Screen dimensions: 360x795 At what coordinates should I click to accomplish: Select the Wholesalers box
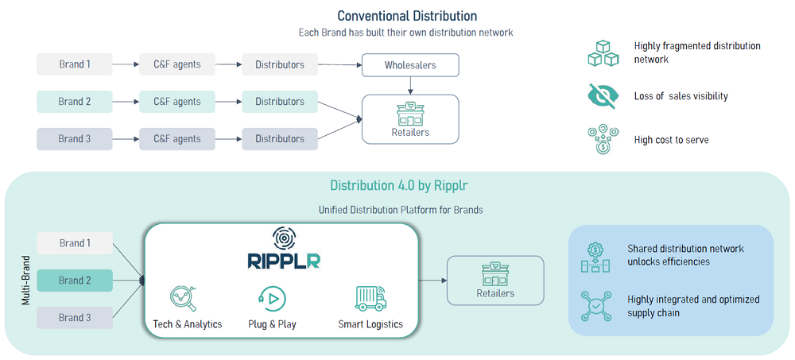point(410,65)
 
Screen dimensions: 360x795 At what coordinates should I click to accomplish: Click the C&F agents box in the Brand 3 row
point(176,139)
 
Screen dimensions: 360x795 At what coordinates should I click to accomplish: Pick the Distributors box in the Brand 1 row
point(279,64)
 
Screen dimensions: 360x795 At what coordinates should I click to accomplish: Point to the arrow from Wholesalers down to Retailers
point(410,85)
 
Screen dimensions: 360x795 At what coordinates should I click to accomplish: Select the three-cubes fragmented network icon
point(602,52)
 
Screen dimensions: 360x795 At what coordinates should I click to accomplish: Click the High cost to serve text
point(671,140)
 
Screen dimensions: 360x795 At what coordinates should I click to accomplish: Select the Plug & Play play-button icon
point(272,297)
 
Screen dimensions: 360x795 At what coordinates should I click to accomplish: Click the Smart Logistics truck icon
point(370,297)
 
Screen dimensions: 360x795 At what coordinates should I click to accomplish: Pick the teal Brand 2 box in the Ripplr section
point(75,281)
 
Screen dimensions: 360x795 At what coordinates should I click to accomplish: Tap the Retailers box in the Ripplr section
point(495,280)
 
